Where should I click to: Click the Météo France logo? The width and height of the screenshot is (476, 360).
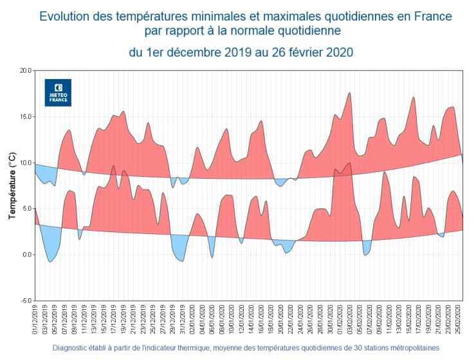coord(58,93)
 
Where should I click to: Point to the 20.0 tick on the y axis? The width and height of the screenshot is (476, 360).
coord(24,70)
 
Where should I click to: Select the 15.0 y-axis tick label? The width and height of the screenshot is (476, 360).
coord(24,116)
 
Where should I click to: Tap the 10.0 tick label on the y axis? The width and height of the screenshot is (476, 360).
coord(24,163)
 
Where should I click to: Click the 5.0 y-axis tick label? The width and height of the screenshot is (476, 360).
coord(26,208)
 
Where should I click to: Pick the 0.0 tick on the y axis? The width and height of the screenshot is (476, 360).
coord(26,255)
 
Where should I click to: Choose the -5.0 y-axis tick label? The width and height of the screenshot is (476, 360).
coord(24,300)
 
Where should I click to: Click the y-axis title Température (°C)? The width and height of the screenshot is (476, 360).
coord(12,185)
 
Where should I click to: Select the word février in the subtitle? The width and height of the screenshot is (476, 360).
coord(300,52)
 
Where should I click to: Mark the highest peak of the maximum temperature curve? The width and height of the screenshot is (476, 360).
coord(349,93)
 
